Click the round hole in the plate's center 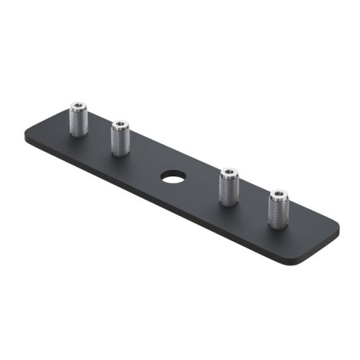pos(172,175)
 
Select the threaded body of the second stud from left pos(120,141)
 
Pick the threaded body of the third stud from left pos(229,189)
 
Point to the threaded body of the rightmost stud pos(278,210)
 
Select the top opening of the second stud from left pos(120,126)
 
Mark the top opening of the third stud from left pos(229,174)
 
